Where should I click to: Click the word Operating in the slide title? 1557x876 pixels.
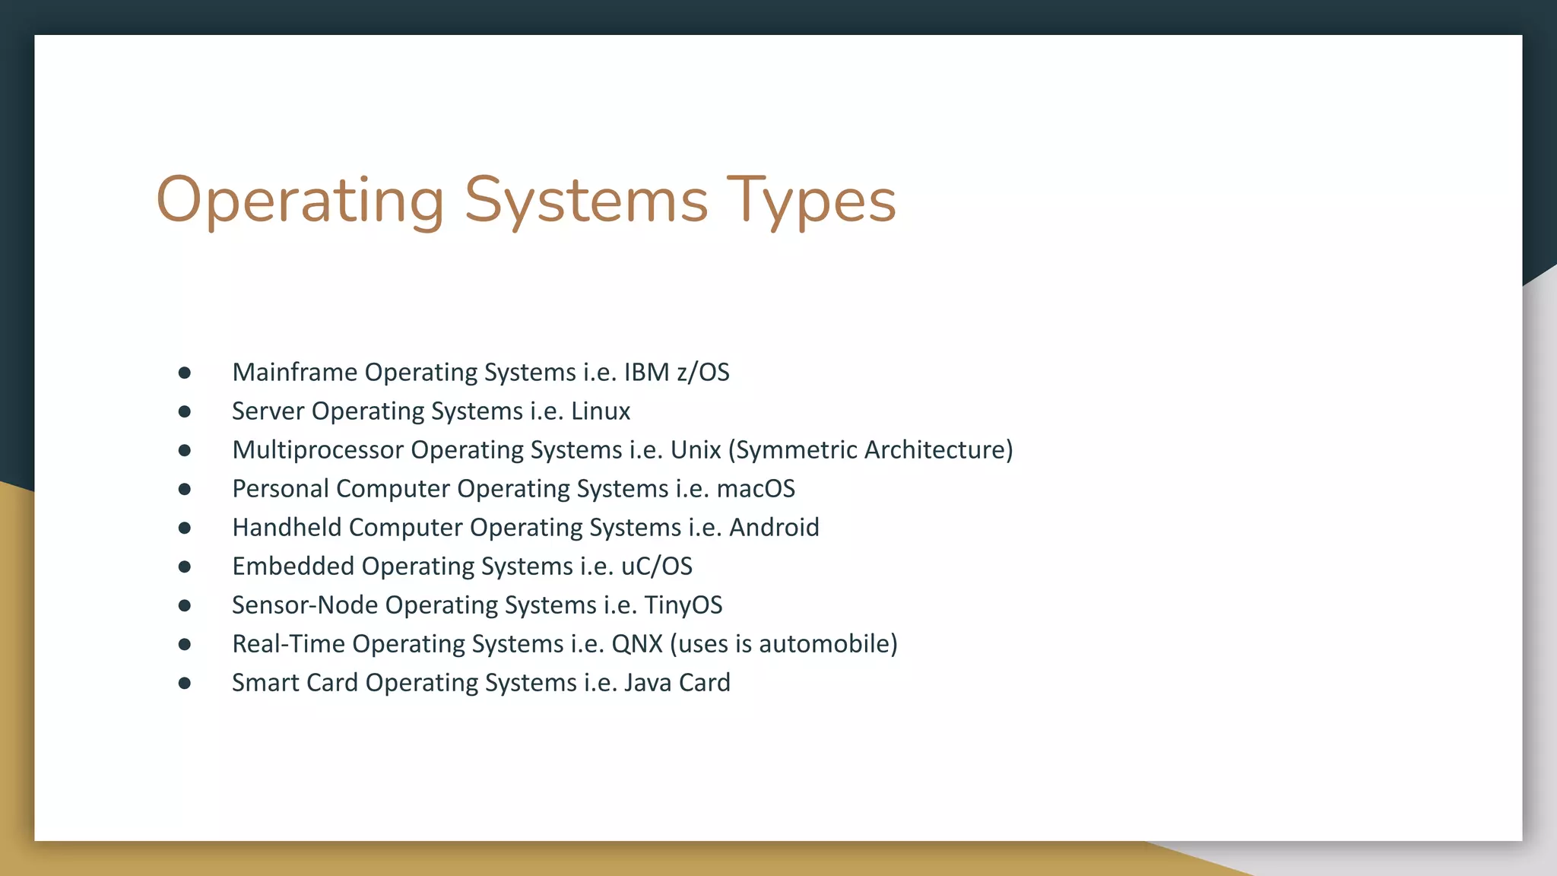pyautogui.click(x=300, y=201)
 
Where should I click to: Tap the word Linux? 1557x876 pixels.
pyautogui.click(x=601, y=411)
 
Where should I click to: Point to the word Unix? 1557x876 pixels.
pyautogui.click(x=695, y=449)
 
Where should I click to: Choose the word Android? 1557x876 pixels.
pyautogui.click(x=774, y=527)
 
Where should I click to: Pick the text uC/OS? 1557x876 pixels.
pyautogui.click(x=657, y=566)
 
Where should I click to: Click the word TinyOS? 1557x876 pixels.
pyautogui.click(x=683, y=605)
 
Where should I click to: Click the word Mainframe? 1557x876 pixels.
pyautogui.click(x=295, y=372)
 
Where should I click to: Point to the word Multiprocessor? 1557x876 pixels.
pyautogui.click(x=319, y=449)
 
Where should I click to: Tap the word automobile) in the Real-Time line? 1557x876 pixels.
pyautogui.click(x=828, y=643)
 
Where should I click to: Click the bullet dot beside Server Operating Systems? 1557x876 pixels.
pyautogui.click(x=185, y=411)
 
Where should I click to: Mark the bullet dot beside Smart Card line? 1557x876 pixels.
pyautogui.click(x=185, y=683)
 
